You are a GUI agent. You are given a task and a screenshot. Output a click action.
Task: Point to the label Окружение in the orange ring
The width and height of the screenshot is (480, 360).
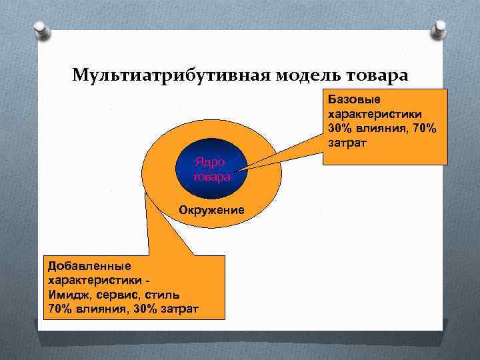[211, 211]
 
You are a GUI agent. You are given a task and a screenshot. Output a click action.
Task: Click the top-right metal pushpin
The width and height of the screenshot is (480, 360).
[439, 30]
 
